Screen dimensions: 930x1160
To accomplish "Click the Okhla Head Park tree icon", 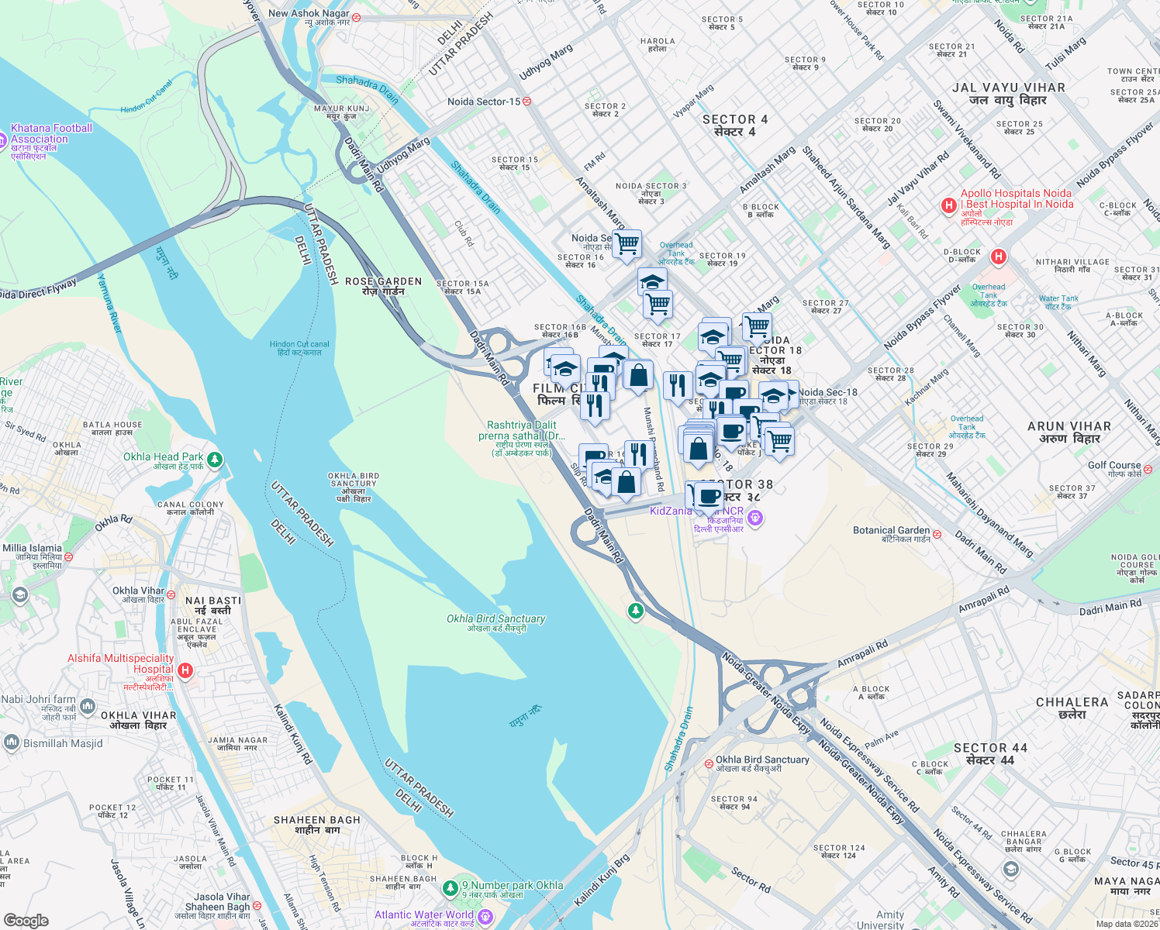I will pos(215,460).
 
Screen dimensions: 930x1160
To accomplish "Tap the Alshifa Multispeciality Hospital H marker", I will pos(185,670).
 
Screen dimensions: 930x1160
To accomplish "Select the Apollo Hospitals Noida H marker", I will pos(948,205).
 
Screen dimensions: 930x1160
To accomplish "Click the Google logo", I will pos(26,920).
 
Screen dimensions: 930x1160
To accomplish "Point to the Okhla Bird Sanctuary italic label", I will pos(495,618).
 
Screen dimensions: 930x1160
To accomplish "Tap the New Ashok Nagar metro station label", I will pos(309,13).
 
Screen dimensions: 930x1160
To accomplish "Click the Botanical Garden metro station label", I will pos(891,531).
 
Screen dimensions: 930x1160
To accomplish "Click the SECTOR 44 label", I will pos(990,749).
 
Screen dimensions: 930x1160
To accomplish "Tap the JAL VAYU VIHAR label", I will pos(1008,88).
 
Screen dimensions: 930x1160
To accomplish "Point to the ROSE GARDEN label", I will pos(383,282).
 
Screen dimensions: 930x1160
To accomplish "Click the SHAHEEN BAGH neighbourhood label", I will pos(316,820).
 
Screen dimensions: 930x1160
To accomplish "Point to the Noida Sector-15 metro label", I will pos(484,102).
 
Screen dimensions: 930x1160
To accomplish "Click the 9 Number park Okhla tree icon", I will pos(450,886).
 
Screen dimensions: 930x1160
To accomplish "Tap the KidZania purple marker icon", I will pos(756,517).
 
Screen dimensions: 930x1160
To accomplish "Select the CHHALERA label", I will pos(1072,703).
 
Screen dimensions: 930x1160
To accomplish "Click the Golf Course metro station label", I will pos(1114,465).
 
